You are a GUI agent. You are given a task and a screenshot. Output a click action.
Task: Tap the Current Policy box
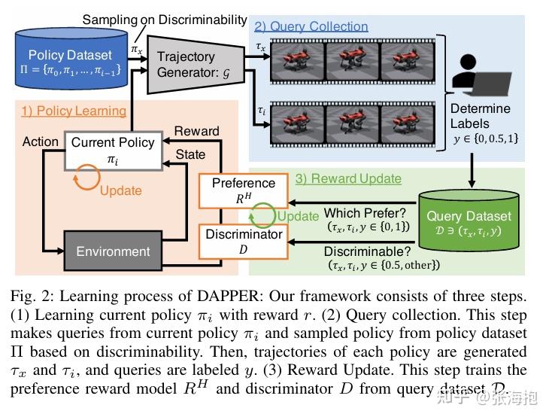coord(112,150)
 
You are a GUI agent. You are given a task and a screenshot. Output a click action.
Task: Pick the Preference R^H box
coord(243,190)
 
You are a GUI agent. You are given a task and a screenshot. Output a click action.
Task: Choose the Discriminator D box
coord(243,241)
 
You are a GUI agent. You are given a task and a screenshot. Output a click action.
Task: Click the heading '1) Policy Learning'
coord(73,111)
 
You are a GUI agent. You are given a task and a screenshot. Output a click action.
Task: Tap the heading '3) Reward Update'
coord(347,179)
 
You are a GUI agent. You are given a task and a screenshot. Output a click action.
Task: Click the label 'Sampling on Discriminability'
coord(164,20)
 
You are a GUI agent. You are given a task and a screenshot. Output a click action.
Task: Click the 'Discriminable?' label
coord(365,251)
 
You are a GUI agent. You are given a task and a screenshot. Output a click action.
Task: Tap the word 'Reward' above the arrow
coord(196,131)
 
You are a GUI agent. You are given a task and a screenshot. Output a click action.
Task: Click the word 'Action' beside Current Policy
coord(41,142)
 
